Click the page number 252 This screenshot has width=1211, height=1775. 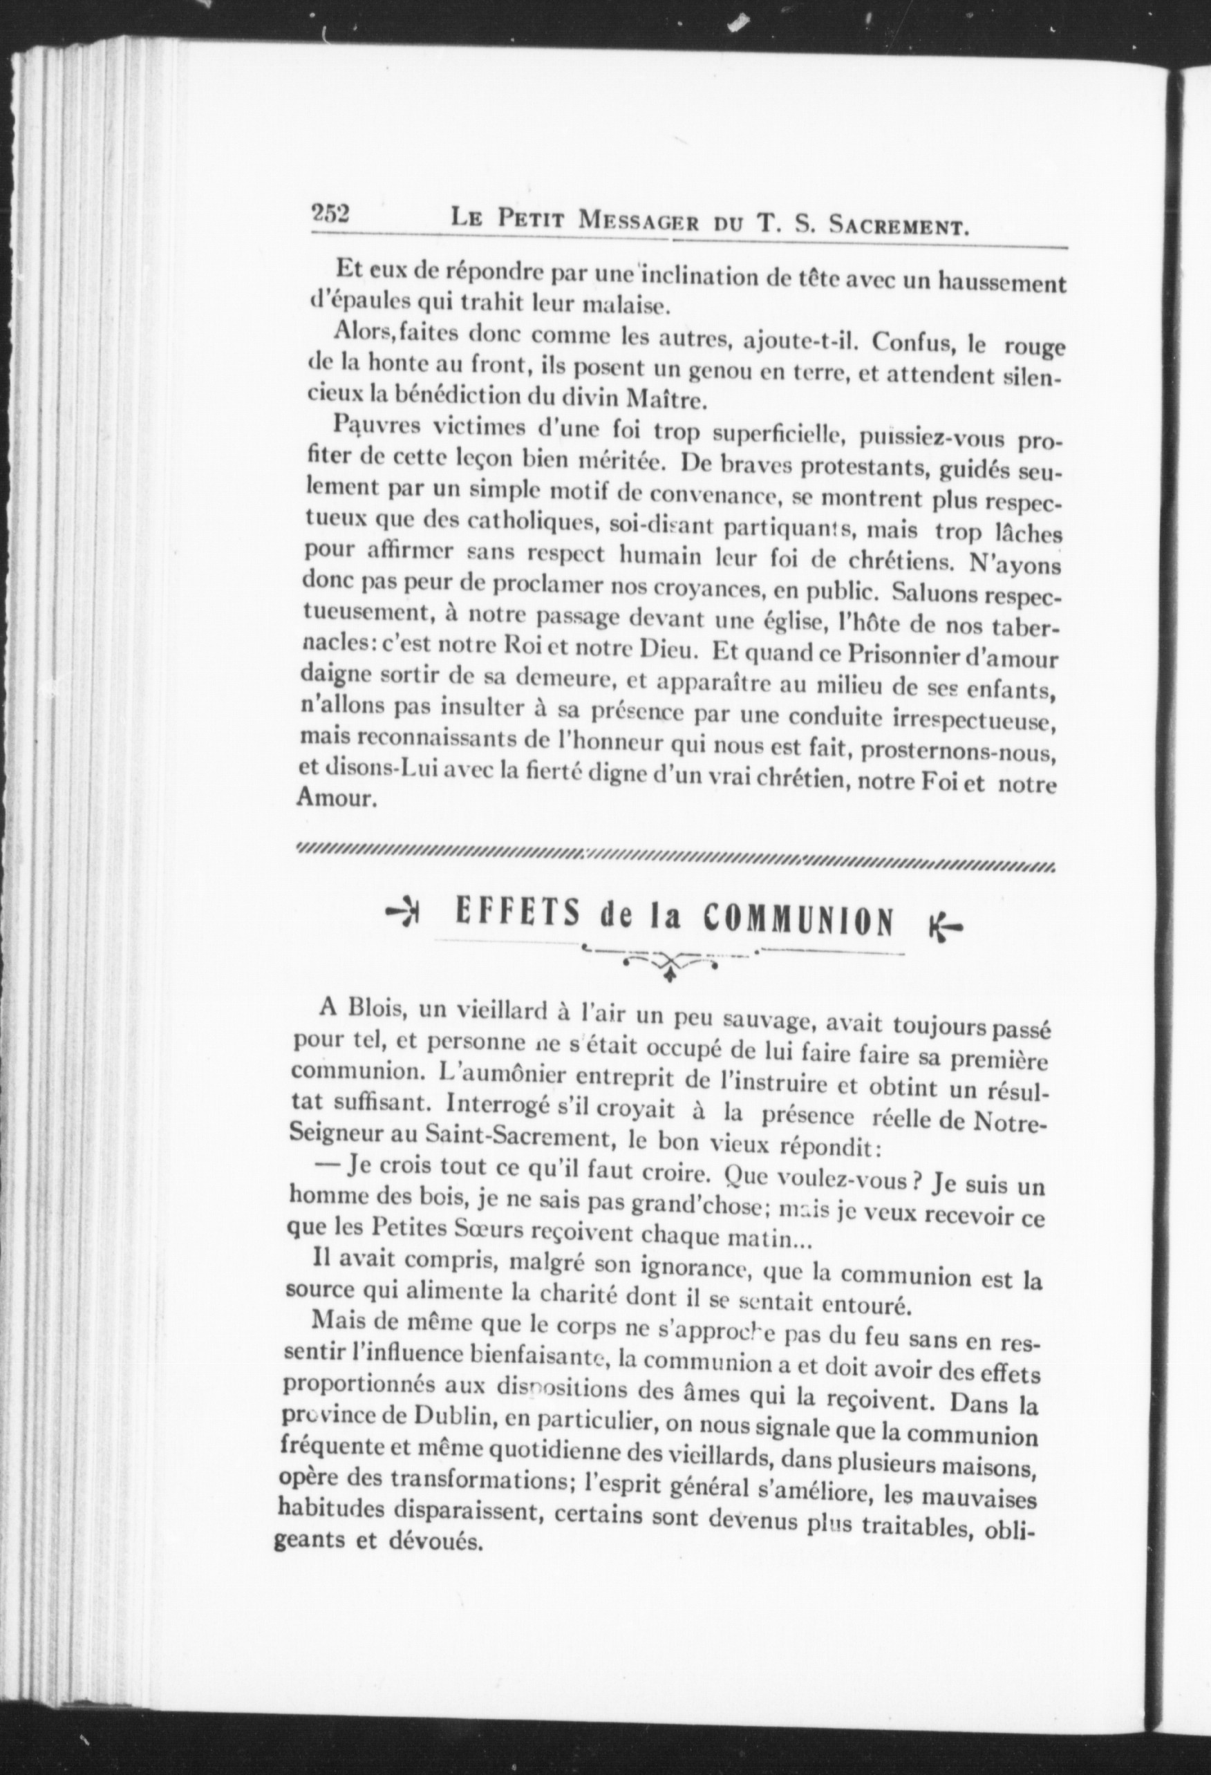click(x=329, y=215)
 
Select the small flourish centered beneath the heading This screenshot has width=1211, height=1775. click(x=669, y=963)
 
